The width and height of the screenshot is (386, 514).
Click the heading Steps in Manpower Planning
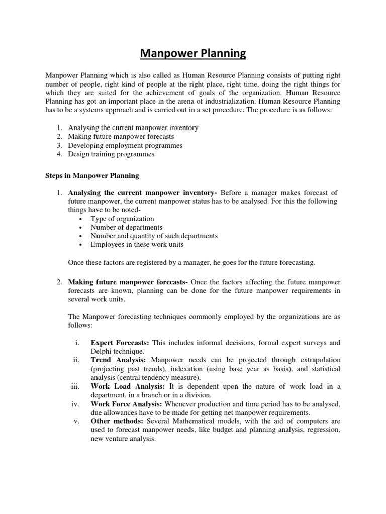coord(89,176)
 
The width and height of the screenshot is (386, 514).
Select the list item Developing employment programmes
coord(125,145)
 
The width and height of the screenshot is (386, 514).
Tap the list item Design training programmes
coord(111,154)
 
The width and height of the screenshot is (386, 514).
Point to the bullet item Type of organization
coord(122,219)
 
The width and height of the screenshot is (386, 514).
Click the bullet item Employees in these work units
coord(137,244)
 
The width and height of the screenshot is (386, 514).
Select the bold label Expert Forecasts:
coord(120,343)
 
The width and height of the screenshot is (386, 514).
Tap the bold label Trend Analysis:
coord(119,360)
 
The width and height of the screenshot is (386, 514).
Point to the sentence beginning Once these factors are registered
coord(191,262)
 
